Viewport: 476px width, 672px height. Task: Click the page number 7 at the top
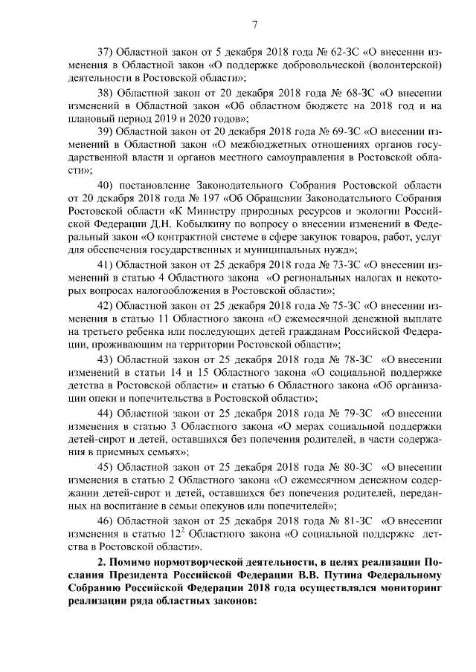[x=254, y=26]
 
